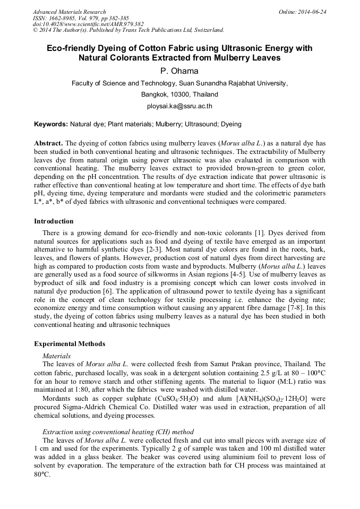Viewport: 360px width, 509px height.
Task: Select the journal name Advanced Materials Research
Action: (x=70, y=12)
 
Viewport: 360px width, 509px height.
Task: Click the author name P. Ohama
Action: (x=179, y=71)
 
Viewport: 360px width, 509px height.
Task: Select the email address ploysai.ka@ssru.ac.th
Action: (x=179, y=106)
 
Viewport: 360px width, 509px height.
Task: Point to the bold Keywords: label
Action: (x=51, y=124)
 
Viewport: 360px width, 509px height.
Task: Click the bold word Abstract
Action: (x=48, y=143)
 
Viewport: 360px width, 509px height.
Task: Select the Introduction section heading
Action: (x=54, y=221)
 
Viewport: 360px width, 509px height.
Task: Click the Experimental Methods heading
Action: (x=70, y=343)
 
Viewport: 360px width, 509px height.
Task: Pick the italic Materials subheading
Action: (x=56, y=356)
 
